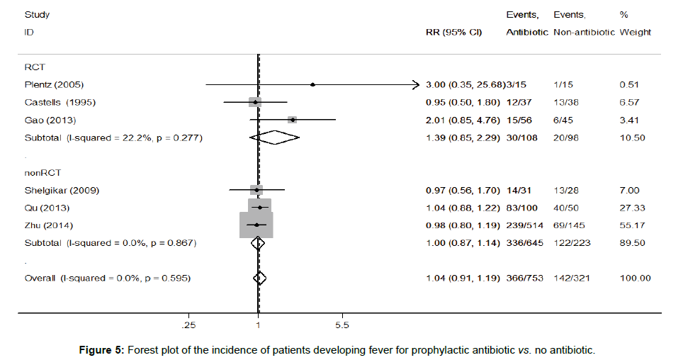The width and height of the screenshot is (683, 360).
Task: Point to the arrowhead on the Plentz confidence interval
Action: click(x=416, y=85)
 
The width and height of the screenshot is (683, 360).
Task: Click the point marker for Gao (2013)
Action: click(x=292, y=120)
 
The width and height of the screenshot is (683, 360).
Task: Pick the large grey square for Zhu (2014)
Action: click(x=256, y=225)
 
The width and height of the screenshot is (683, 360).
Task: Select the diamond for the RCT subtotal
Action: click(x=275, y=137)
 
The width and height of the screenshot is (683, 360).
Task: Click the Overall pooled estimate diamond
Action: click(x=259, y=278)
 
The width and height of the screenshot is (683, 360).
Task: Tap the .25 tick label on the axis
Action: click(x=189, y=325)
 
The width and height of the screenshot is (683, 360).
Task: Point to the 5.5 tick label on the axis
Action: click(x=341, y=325)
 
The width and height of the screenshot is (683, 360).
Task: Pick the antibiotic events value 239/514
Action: click(x=526, y=225)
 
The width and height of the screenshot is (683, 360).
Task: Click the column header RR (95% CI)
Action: click(x=453, y=33)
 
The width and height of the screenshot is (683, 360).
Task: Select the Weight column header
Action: click(x=635, y=33)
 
